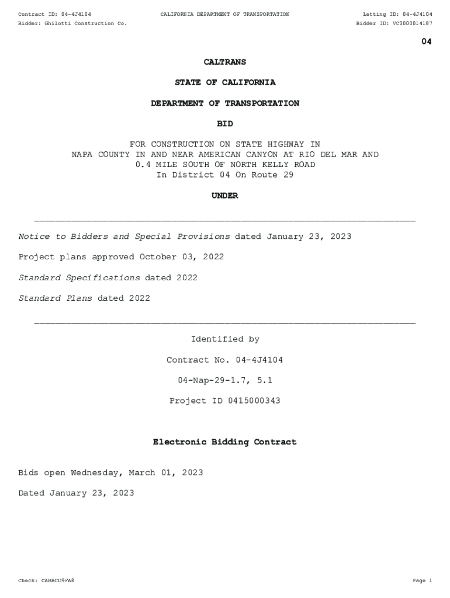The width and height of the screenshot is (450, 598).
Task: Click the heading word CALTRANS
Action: [x=225, y=62]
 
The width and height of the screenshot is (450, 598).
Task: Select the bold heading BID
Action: [x=225, y=124]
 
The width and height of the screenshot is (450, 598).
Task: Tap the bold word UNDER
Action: [x=225, y=196]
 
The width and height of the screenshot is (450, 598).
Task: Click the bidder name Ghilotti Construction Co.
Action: [x=85, y=23]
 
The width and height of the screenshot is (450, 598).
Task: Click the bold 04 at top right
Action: [x=427, y=41]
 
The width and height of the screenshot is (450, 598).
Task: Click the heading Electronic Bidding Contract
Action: [x=225, y=442]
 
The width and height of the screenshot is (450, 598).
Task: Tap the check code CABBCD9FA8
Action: [x=58, y=580]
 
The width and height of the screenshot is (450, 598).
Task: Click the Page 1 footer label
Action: [x=422, y=580]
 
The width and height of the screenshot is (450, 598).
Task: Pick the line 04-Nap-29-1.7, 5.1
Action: [x=225, y=380]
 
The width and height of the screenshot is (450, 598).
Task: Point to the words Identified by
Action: [x=225, y=339]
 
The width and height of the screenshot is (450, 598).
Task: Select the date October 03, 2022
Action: [x=181, y=257]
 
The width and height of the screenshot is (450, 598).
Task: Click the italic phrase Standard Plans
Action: [x=56, y=298]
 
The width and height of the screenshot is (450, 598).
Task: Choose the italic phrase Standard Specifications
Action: [x=79, y=278]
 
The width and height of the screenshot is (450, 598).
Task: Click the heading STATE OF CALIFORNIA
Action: [x=225, y=82]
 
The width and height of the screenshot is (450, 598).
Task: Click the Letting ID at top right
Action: [x=397, y=14]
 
